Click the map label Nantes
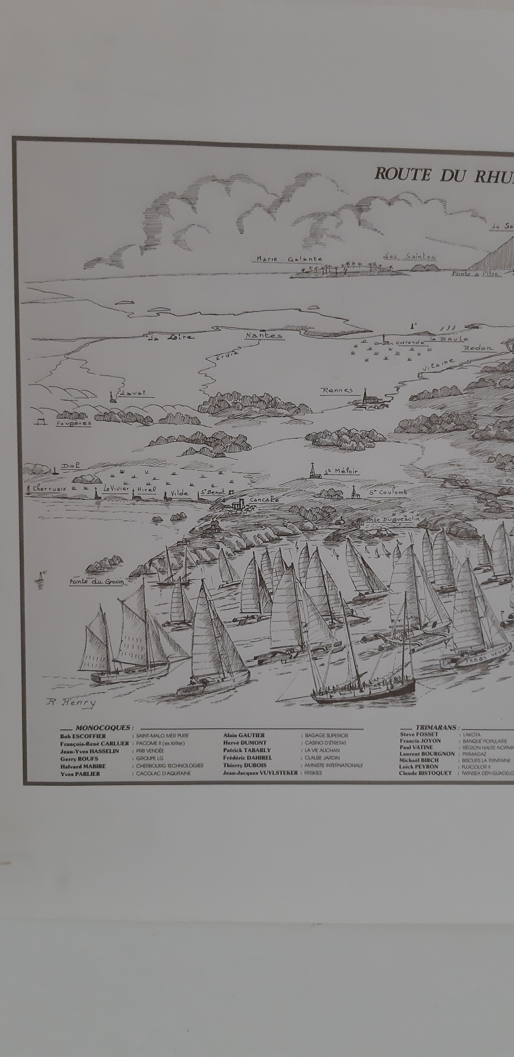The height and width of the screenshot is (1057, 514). coord(264,335)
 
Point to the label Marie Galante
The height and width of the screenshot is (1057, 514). coord(289,259)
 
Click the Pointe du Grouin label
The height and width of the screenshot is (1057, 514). coord(97,581)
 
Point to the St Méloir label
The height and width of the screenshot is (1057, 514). coord(342,471)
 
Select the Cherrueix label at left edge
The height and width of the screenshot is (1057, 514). coord(49,489)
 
